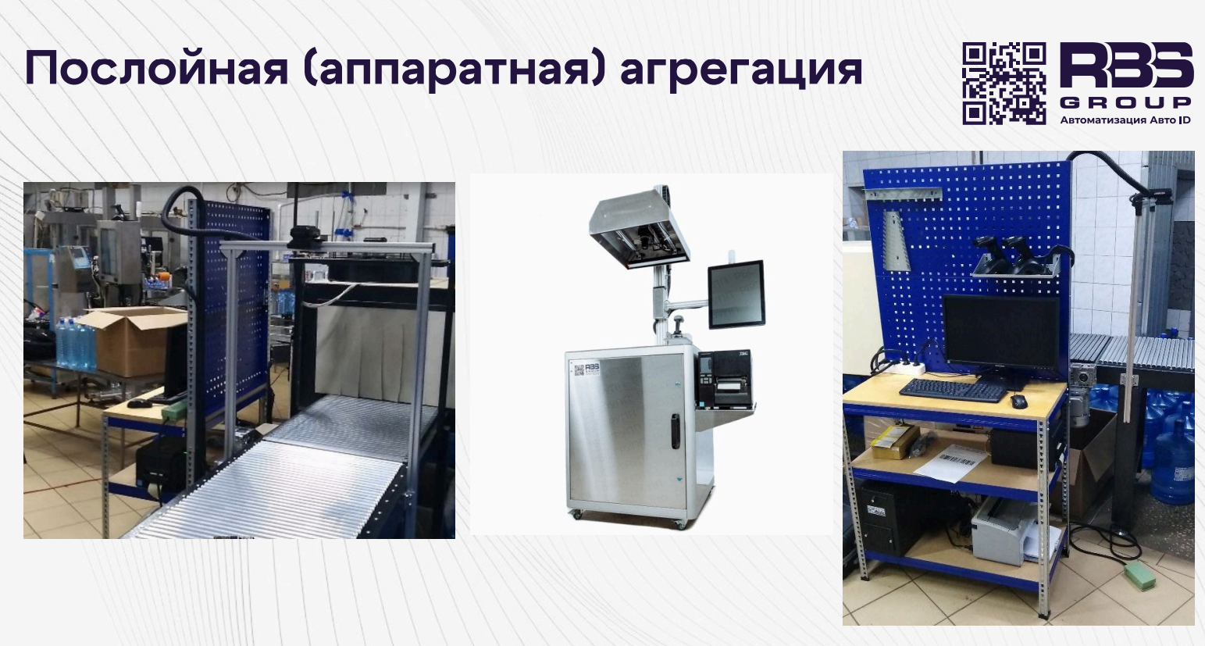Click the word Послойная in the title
pyautogui.click(x=156, y=68)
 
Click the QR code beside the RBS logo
pyautogui.click(x=1004, y=84)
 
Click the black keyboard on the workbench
pyautogui.click(x=954, y=390)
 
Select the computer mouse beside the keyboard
pyautogui.click(x=1018, y=401)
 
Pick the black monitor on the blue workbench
pyautogui.click(x=1002, y=334)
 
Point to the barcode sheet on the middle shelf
pyautogui.click(x=950, y=462)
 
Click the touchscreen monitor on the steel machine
pyautogui.click(x=736, y=294)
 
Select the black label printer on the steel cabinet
pyautogui.click(x=725, y=379)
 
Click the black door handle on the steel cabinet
pyautogui.click(x=675, y=431)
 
